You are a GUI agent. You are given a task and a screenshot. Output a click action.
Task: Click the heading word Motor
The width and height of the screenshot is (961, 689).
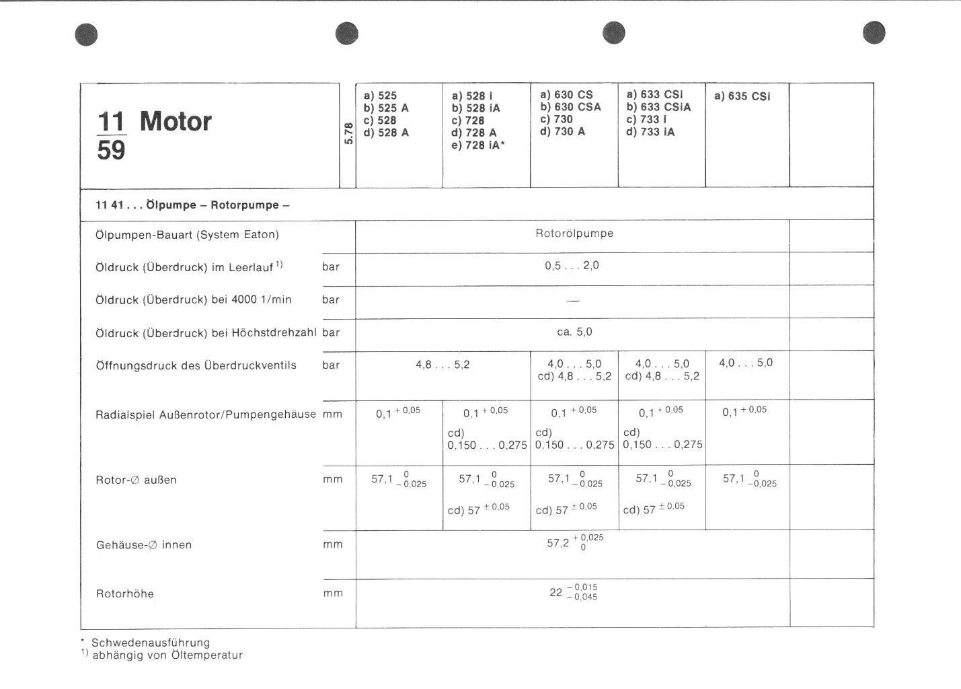click(x=176, y=122)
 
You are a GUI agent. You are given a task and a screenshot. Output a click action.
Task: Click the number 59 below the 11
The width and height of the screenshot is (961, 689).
click(x=111, y=150)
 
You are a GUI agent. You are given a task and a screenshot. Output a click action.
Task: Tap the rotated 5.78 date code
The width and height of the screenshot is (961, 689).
click(x=348, y=133)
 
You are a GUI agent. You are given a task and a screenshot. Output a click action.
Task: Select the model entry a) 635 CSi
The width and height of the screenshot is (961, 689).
click(x=742, y=96)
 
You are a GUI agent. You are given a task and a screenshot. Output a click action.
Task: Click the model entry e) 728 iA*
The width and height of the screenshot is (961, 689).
click(x=478, y=145)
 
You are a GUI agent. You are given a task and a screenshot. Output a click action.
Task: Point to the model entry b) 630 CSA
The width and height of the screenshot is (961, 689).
click(x=570, y=107)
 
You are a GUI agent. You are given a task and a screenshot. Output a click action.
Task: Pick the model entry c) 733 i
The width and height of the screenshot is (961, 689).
click(x=646, y=119)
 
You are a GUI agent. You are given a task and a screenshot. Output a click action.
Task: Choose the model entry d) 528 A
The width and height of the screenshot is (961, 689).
click(x=386, y=133)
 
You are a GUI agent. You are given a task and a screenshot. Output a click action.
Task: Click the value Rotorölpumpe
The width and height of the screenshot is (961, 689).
click(x=574, y=233)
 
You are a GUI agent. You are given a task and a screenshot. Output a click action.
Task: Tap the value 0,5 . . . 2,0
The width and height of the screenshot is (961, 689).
click(x=572, y=266)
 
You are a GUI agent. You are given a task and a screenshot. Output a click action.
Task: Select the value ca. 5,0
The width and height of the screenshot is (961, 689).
click(x=574, y=332)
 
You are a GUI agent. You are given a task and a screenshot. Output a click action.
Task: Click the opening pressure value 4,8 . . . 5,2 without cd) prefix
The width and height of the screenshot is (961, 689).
click(x=443, y=365)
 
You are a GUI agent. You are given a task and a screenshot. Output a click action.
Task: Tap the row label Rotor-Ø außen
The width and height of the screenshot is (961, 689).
click(x=136, y=480)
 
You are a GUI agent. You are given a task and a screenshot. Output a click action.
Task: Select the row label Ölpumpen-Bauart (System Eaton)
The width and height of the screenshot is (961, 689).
click(x=187, y=235)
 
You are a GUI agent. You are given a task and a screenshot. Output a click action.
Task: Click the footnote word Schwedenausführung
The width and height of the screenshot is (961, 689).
click(x=151, y=643)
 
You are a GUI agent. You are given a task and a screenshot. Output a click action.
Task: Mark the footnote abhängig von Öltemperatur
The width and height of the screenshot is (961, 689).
click(x=167, y=655)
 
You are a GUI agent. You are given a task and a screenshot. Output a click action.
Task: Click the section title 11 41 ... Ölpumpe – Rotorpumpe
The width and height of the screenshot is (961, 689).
click(x=192, y=205)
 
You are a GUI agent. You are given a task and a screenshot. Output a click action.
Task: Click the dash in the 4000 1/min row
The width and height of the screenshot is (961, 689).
click(x=573, y=301)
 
